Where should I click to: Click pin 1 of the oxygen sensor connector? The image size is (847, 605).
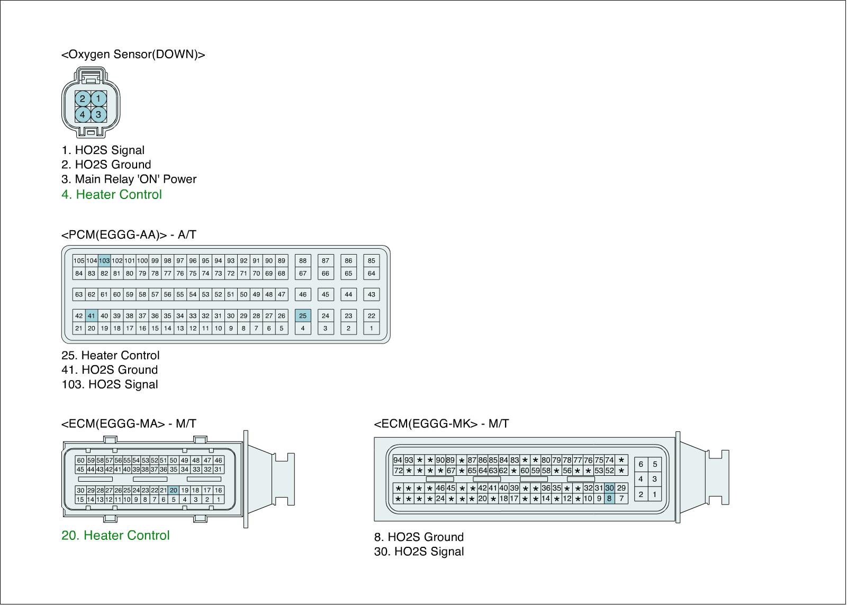(x=98, y=98)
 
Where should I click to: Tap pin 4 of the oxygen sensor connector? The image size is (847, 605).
(x=83, y=114)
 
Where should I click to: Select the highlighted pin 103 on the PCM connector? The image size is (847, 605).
(x=104, y=260)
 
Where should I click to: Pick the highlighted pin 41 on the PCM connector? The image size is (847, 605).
(x=92, y=316)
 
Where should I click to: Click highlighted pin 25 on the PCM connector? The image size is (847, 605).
(x=303, y=316)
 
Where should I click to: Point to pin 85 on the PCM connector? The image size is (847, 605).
(x=371, y=260)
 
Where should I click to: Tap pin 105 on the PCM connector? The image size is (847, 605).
(x=79, y=260)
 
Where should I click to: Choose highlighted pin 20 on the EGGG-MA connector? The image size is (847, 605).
(x=174, y=490)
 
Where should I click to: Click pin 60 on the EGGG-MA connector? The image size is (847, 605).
(x=80, y=460)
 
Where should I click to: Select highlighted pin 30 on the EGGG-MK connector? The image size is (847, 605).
(x=609, y=488)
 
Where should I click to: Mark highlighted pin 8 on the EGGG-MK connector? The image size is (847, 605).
(x=609, y=499)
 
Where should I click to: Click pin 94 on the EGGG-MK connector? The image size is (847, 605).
(x=398, y=460)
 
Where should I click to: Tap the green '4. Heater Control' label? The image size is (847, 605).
(x=112, y=194)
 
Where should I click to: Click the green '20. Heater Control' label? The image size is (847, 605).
(x=115, y=536)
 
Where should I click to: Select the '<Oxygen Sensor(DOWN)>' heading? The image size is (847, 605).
(x=133, y=55)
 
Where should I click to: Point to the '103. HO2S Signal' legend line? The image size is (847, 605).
(x=110, y=384)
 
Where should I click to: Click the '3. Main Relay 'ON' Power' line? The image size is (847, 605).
(x=129, y=179)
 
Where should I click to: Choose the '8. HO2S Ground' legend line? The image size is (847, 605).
(x=419, y=537)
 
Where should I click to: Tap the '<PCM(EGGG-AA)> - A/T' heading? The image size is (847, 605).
(x=129, y=235)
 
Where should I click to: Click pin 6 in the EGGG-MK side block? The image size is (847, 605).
(x=641, y=464)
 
